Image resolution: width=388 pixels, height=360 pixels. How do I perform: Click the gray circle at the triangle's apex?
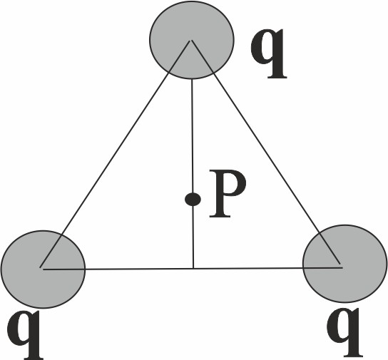coord(192,40)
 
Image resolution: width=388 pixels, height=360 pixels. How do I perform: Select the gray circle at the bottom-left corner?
coord(43,269)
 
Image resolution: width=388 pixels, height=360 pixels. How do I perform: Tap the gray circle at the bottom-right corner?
coord(345,264)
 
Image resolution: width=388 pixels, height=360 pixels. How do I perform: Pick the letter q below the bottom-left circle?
coord(24,334)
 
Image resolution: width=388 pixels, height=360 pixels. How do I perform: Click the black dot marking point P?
coord(193,200)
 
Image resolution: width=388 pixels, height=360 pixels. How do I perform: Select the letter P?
coord(228,194)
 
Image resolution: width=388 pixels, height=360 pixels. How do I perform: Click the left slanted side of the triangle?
coord(116,154)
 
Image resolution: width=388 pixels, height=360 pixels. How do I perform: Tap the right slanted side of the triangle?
coord(267,154)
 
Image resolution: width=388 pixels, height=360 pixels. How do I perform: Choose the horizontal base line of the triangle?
coord(192,269)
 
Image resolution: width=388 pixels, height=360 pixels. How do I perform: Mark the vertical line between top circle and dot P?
coord(193,135)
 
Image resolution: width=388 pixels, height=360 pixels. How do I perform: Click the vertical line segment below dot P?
coord(193,237)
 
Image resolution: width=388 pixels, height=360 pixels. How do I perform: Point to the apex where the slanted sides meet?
coord(190,40)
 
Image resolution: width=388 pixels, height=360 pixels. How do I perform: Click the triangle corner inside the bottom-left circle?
coord(41,268)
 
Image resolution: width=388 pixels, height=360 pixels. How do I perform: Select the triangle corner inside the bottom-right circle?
coord(342,267)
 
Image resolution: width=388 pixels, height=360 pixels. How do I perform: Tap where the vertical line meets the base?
coord(193,268)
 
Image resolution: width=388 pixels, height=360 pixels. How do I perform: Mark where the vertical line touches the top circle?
coord(192,79)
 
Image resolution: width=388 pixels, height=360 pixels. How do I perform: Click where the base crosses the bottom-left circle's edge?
coord(86,269)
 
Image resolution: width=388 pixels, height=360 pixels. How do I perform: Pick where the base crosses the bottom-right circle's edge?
coord(303,268)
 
